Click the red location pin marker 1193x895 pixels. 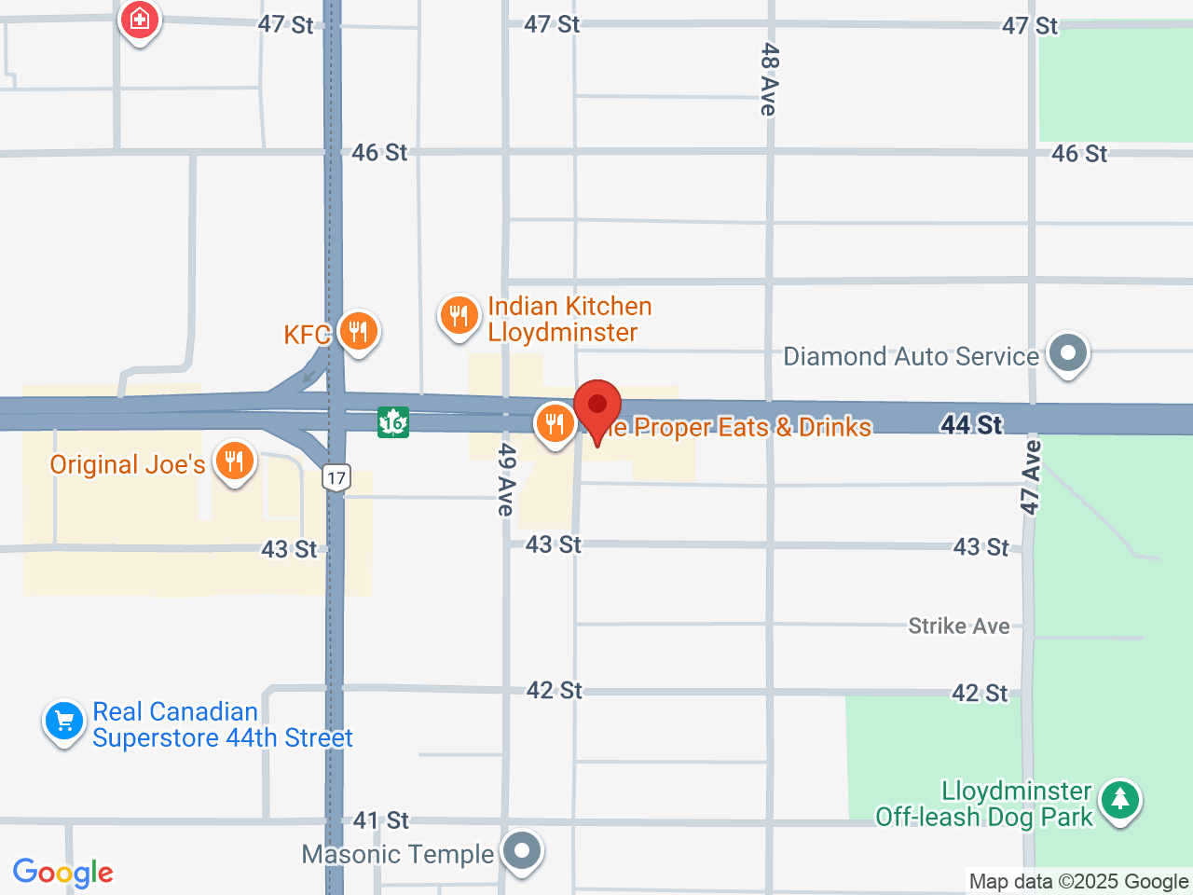click(x=597, y=406)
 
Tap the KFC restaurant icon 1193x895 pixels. click(x=358, y=330)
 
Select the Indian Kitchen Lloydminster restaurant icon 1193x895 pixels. click(x=459, y=315)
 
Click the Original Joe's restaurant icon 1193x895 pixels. click(x=234, y=461)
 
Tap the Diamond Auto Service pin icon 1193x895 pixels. click(x=1068, y=353)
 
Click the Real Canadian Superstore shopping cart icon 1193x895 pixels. click(x=64, y=722)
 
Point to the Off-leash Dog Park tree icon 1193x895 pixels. click(x=1119, y=800)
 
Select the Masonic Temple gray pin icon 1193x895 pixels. click(x=522, y=850)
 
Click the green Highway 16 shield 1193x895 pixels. click(x=393, y=422)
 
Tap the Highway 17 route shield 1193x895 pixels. click(x=336, y=478)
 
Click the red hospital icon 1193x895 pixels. click(x=140, y=19)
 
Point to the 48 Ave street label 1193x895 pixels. click(x=769, y=79)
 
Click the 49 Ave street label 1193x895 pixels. click(x=505, y=479)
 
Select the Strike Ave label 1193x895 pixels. click(x=959, y=626)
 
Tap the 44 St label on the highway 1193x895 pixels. click(x=971, y=425)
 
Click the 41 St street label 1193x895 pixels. click(x=381, y=820)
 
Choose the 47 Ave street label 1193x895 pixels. click(x=1030, y=477)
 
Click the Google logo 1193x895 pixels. click(x=63, y=873)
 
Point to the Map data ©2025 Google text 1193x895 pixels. click(x=1078, y=881)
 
